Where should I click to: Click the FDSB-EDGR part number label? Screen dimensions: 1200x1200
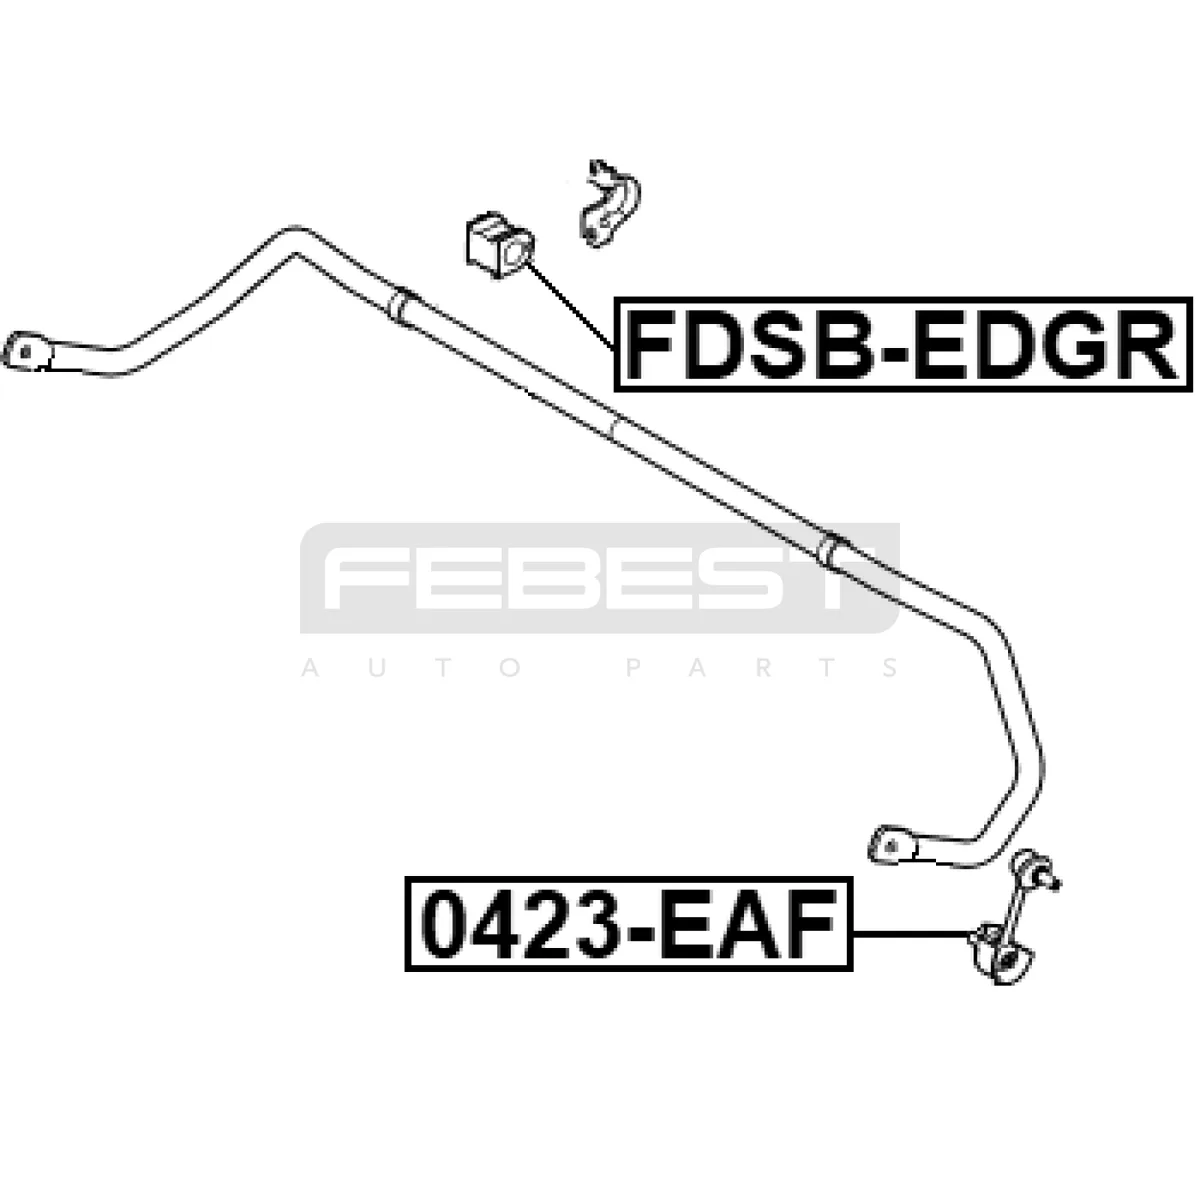tap(902, 344)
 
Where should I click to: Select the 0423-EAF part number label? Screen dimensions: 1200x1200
tap(628, 924)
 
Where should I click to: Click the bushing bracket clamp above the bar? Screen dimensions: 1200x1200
tap(609, 204)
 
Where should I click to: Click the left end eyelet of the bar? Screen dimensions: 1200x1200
tap(27, 352)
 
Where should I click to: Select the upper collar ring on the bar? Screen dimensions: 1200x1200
tap(399, 305)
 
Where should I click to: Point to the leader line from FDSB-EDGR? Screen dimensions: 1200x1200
tap(570, 305)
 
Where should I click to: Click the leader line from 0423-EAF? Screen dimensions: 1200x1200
tap(912, 933)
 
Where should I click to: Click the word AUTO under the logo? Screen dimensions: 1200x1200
tap(412, 669)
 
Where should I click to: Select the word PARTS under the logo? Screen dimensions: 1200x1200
tap(762, 669)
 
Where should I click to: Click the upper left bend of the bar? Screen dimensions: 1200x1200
tap(295, 242)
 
